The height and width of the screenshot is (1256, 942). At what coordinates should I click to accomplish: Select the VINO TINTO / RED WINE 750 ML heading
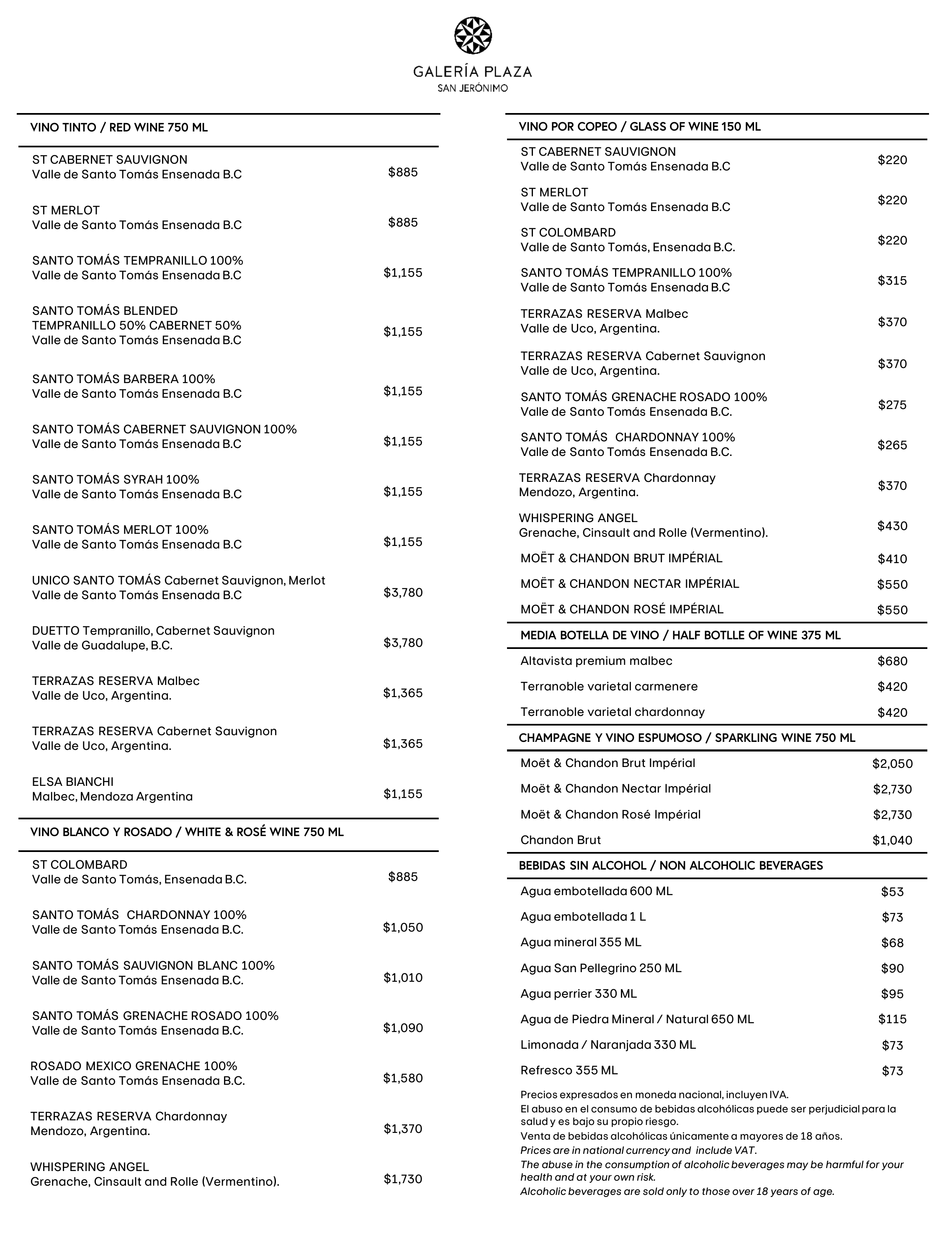[119, 128]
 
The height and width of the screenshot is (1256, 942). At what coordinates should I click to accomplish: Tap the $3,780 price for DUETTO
[403, 643]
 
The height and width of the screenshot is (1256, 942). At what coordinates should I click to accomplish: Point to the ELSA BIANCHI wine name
[73, 782]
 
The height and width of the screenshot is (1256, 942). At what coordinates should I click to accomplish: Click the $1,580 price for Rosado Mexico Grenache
[403, 1078]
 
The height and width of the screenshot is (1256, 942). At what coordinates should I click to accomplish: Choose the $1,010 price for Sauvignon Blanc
[403, 977]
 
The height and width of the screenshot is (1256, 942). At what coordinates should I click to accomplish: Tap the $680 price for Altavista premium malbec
[892, 661]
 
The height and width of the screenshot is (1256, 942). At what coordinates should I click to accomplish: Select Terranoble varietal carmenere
[609, 687]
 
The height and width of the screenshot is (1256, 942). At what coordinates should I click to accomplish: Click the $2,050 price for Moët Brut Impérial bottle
[892, 764]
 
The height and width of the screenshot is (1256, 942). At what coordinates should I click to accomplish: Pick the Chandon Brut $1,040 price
[892, 840]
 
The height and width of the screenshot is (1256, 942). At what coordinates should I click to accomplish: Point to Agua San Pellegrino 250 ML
[601, 968]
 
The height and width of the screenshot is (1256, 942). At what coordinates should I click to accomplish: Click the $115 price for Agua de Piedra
[892, 1019]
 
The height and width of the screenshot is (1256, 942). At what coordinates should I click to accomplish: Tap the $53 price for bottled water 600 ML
[892, 891]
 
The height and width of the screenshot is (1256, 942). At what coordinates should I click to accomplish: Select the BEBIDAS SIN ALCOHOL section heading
[671, 865]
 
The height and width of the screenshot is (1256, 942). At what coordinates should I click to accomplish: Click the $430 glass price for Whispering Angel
[892, 526]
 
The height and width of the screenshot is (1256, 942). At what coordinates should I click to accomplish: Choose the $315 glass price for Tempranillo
[892, 281]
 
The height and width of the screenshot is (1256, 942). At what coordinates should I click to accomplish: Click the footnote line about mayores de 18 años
[681, 1136]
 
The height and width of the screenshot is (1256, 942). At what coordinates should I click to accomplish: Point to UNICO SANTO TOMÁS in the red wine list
[97, 581]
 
